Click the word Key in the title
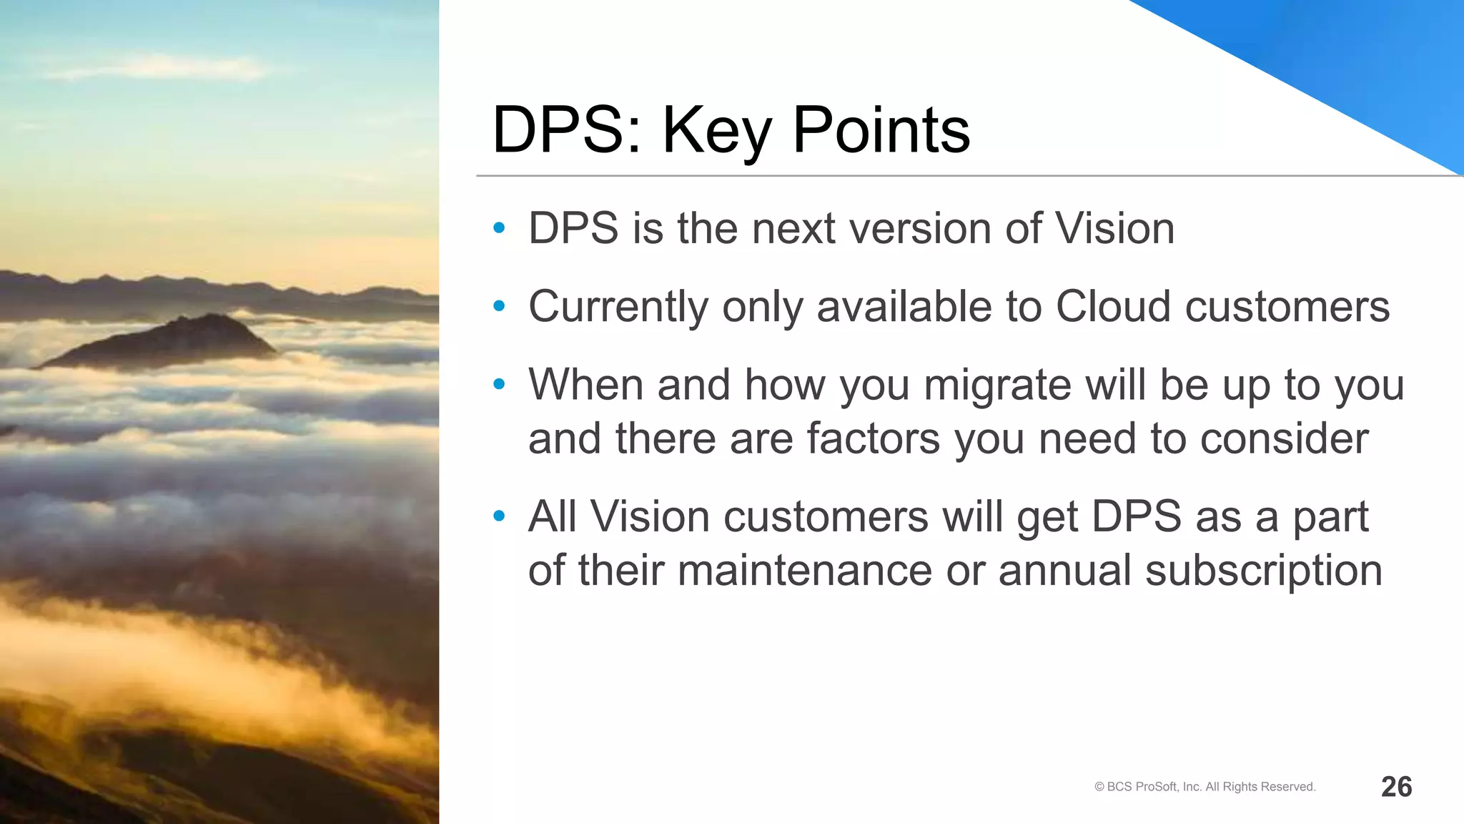coord(717,131)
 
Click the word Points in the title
coord(881,131)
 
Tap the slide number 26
coord(1396,787)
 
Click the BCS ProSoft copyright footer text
coord(1205,787)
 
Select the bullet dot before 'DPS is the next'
coord(499,229)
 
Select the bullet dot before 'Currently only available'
coord(499,307)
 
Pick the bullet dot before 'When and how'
coord(499,385)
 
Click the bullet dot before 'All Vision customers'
coord(499,516)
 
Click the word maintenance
coord(804,571)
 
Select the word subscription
coord(1263,571)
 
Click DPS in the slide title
coord(566,131)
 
